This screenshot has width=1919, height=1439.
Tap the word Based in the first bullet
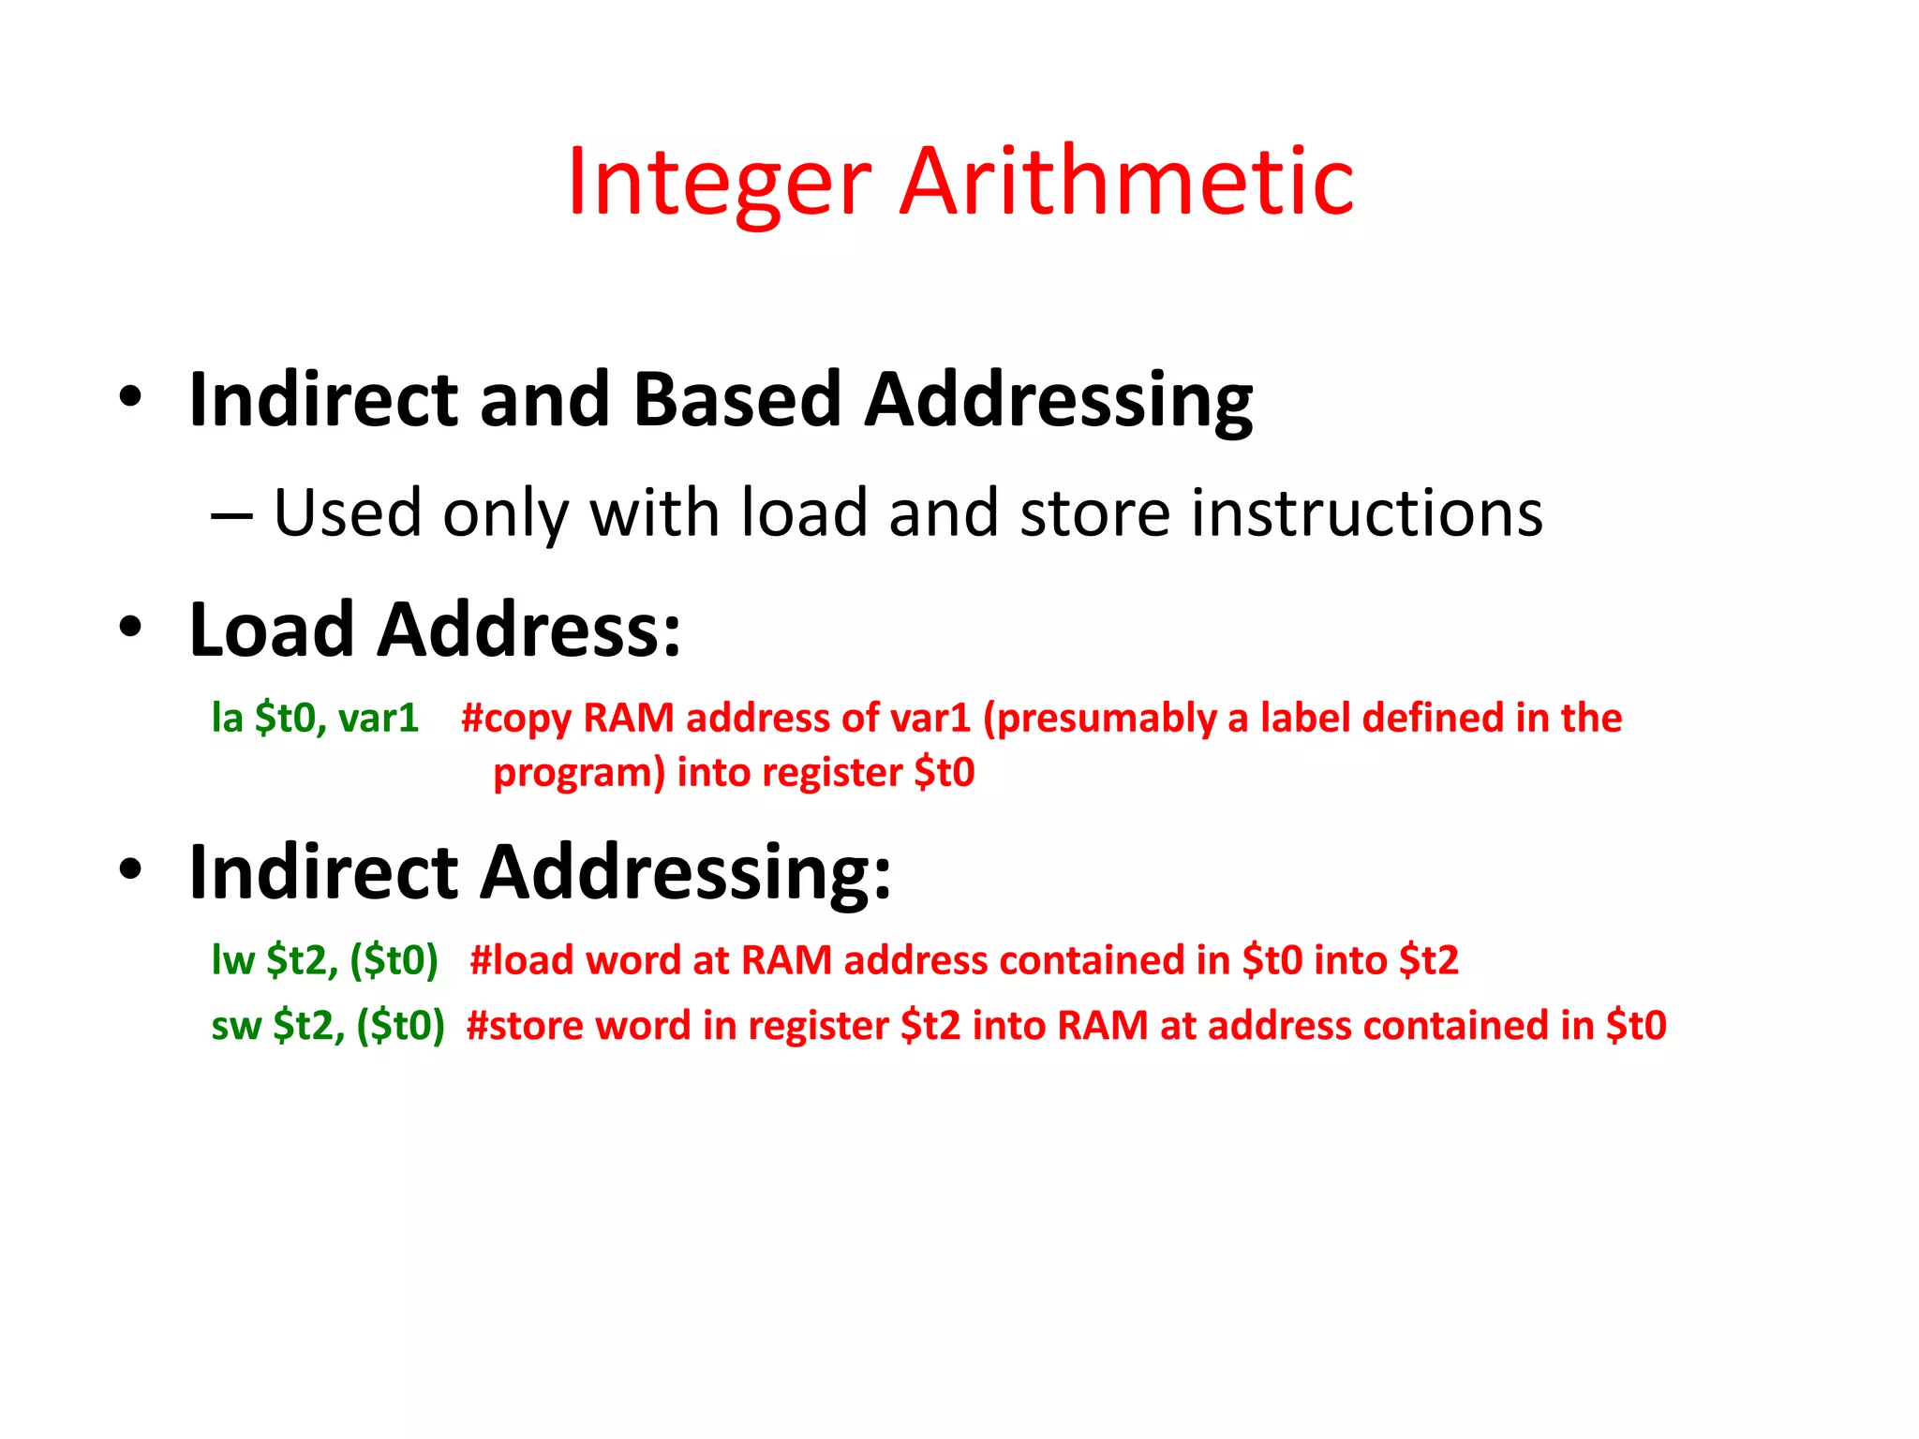point(736,400)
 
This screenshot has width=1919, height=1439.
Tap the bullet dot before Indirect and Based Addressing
point(130,395)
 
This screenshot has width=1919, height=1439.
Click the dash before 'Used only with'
point(231,516)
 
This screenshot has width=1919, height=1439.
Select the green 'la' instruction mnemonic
point(227,719)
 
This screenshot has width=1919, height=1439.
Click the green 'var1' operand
point(378,719)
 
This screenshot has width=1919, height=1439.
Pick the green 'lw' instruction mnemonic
point(232,960)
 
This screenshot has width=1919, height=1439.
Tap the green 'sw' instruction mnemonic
point(235,1026)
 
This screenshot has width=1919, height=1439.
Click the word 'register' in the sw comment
point(817,1026)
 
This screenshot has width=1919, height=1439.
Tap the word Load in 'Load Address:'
point(271,630)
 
